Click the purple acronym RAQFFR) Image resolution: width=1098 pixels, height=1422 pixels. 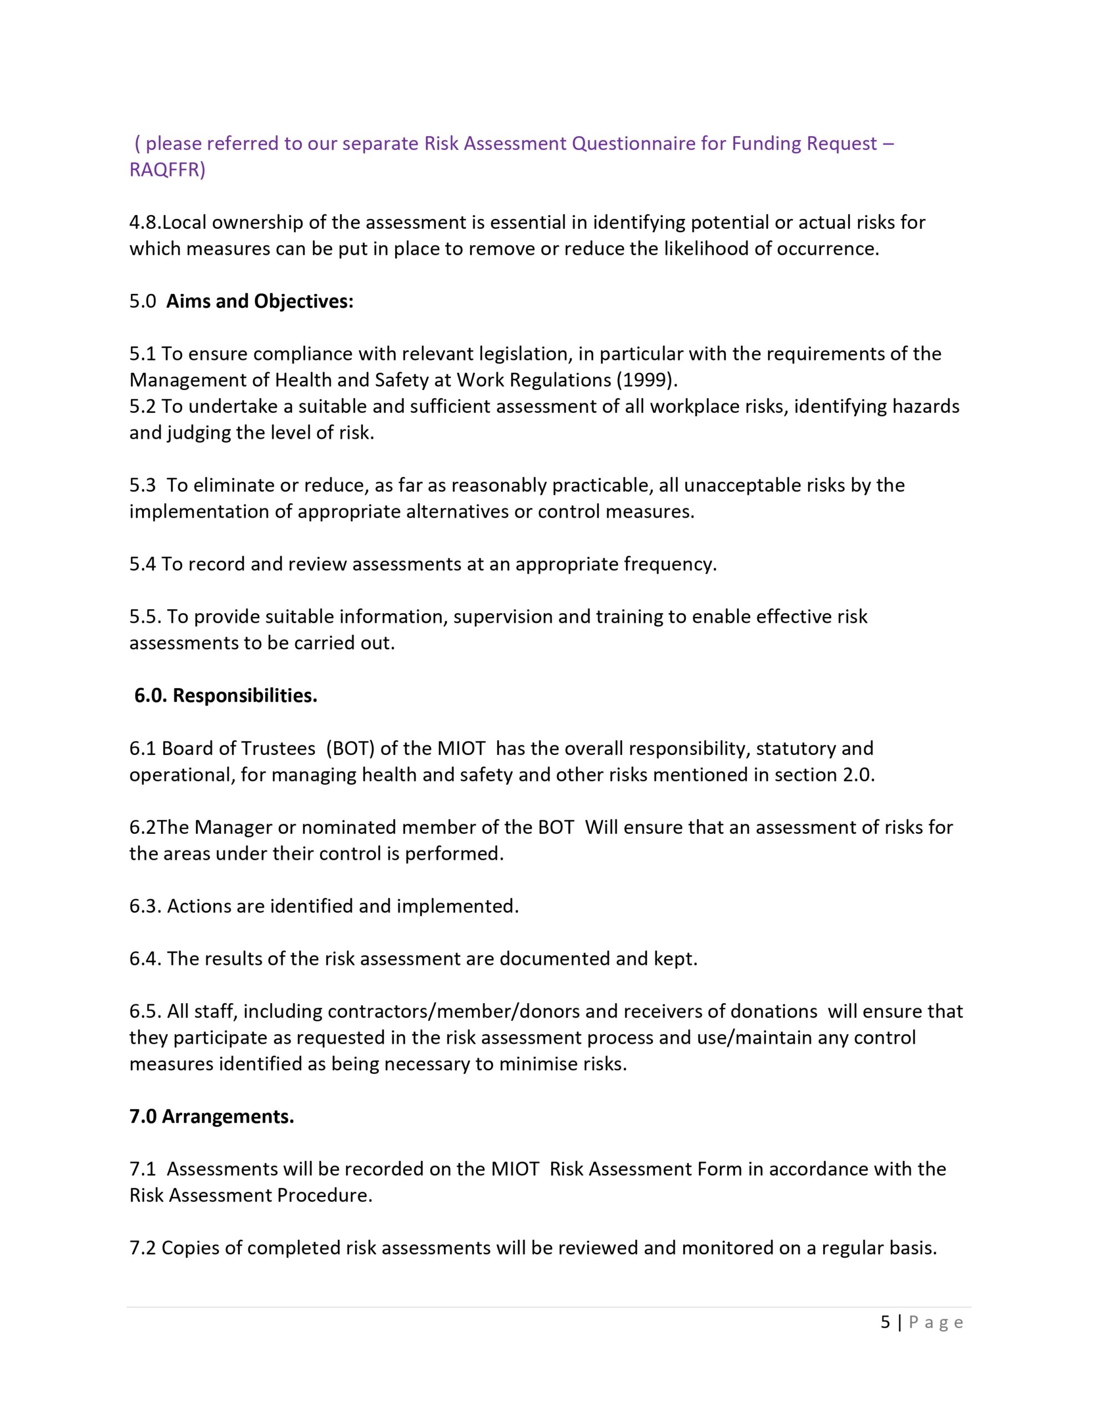[167, 170]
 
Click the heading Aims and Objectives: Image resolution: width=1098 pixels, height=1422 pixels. [260, 302]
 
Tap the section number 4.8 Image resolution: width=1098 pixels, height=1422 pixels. [145, 223]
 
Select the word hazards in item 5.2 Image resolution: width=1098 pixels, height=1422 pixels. [925, 406]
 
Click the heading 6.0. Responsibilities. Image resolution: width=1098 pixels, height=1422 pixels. [226, 695]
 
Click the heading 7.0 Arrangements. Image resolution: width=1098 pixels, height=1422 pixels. [211, 1116]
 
